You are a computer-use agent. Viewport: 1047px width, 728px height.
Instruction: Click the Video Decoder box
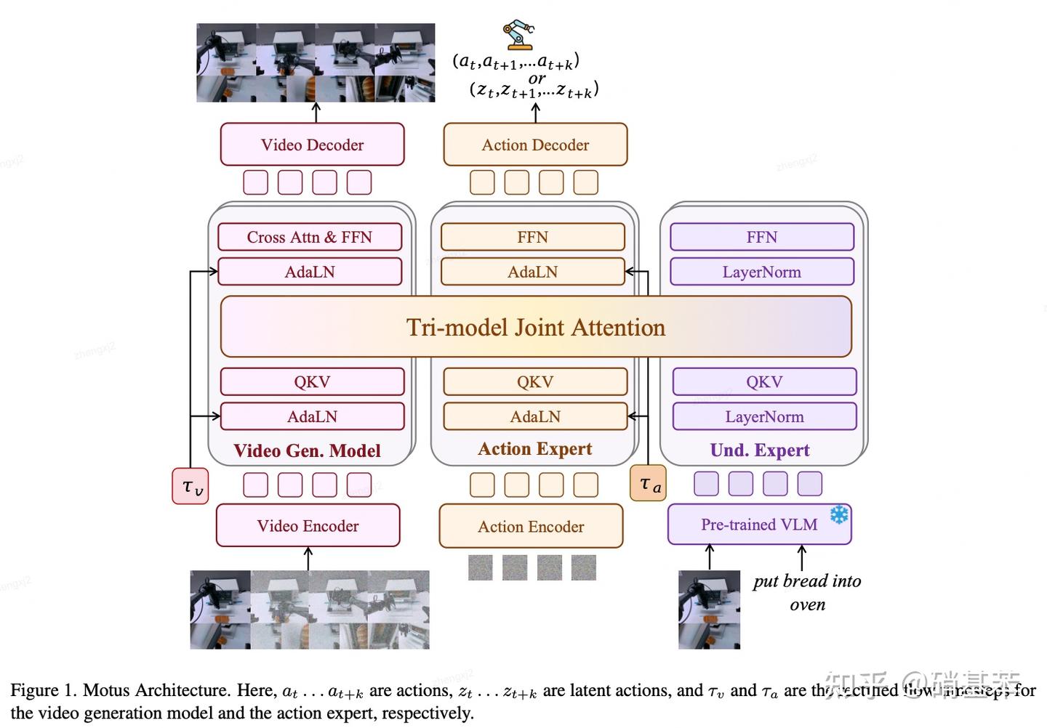tap(312, 145)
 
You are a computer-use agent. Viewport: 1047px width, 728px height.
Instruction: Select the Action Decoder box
tap(535, 145)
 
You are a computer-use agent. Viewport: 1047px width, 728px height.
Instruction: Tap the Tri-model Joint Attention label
tap(535, 327)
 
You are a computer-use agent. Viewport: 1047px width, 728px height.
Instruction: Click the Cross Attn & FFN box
tap(309, 237)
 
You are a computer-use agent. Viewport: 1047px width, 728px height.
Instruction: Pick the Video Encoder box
tap(308, 525)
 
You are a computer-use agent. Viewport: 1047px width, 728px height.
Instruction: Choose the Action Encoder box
tap(531, 526)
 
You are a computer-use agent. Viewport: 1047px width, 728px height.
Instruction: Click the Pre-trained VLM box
tap(758, 525)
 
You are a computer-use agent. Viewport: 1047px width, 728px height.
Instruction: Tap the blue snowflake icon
tap(839, 515)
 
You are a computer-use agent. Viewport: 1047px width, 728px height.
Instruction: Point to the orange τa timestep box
tap(648, 483)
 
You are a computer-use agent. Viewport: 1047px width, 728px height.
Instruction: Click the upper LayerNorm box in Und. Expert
tap(761, 272)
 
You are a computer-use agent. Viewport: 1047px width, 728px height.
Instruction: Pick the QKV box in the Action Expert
tap(535, 381)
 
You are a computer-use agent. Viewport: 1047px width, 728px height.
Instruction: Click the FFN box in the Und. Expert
tap(761, 237)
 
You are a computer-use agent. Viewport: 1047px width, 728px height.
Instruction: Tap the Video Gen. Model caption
tap(307, 450)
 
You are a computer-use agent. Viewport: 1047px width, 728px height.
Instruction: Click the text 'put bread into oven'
tap(807, 592)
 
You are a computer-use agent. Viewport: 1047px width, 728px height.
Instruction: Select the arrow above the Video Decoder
tap(316, 112)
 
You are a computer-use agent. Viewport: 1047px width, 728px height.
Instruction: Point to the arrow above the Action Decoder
tap(536, 113)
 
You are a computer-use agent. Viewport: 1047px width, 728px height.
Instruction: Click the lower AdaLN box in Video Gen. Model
tap(312, 416)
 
